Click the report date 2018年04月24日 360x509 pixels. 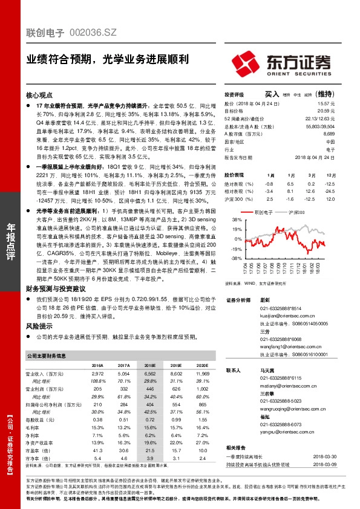[x=317, y=156]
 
